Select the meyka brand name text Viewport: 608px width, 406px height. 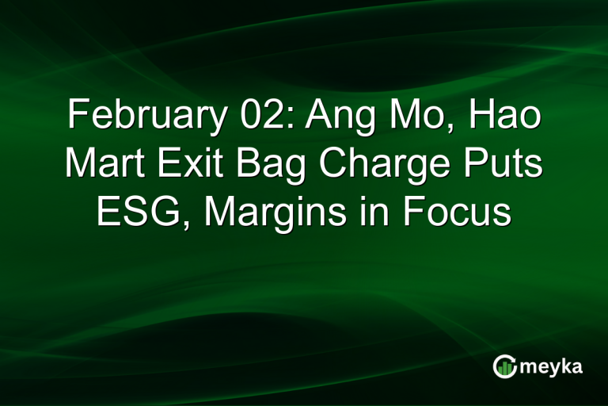551,367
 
